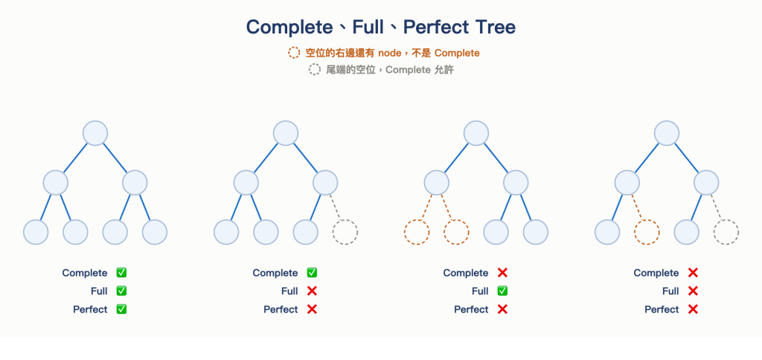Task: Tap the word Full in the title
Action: click(368, 28)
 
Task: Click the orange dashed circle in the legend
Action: click(294, 53)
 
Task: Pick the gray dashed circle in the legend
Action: click(315, 69)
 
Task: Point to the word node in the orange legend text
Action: click(389, 53)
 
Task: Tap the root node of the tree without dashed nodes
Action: click(95, 133)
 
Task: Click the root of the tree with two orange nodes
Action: click(476, 133)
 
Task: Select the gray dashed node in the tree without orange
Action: click(345, 232)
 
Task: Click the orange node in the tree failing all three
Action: click(647, 232)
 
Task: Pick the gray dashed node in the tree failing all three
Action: click(726, 232)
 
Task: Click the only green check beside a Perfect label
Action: click(121, 309)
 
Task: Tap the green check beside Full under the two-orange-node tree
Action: click(502, 291)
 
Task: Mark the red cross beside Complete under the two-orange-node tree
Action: click(502, 273)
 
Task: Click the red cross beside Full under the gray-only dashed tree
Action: click(312, 291)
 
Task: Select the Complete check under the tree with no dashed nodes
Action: click(121, 273)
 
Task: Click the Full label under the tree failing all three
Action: click(670, 292)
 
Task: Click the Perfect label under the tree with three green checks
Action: click(90, 309)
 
